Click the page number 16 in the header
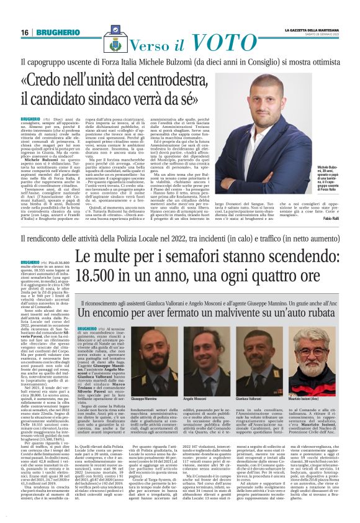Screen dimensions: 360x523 tap(25, 32)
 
